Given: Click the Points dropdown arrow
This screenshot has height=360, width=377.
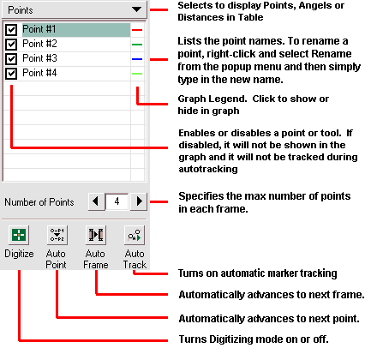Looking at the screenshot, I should [x=136, y=10].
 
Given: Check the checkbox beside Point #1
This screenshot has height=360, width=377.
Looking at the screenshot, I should [x=11, y=29].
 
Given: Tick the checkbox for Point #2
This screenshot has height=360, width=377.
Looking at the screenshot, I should [x=11, y=44].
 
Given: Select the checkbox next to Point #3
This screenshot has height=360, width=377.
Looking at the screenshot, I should [x=11, y=58].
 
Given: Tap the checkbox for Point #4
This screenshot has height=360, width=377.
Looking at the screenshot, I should [x=11, y=73].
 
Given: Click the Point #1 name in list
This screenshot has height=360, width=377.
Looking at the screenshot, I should [x=39, y=29].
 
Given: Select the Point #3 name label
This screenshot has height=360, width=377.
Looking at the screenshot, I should [x=39, y=58].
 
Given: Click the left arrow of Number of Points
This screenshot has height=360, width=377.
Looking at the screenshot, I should [x=95, y=202].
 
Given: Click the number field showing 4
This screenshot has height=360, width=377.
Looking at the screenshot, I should [x=116, y=202].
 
